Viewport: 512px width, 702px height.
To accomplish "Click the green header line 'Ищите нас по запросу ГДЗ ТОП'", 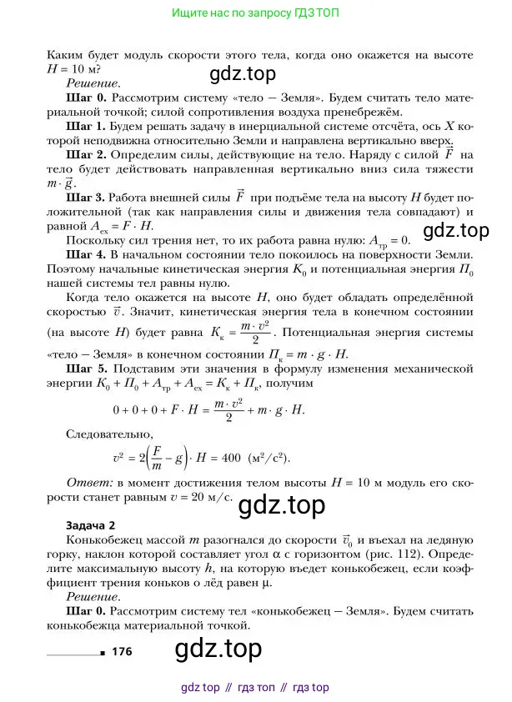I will [255, 14].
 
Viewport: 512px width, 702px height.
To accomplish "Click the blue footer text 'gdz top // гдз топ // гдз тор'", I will [255, 688].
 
